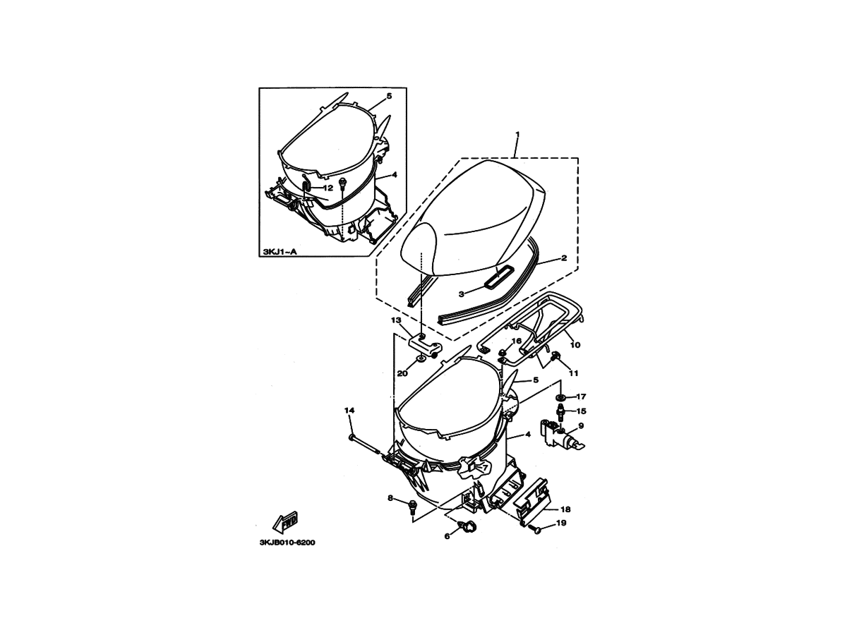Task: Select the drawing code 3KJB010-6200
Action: tap(287, 543)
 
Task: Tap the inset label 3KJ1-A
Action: tap(280, 252)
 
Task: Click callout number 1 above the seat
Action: tap(517, 134)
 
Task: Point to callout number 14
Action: tap(349, 411)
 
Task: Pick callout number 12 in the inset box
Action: tap(328, 188)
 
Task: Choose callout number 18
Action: tap(565, 509)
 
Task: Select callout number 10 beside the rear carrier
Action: tap(575, 345)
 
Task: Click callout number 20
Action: tap(402, 373)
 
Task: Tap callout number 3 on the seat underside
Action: tap(461, 294)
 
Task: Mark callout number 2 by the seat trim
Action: tap(564, 258)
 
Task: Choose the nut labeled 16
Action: tap(503, 352)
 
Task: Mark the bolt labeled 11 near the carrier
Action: tap(556, 356)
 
